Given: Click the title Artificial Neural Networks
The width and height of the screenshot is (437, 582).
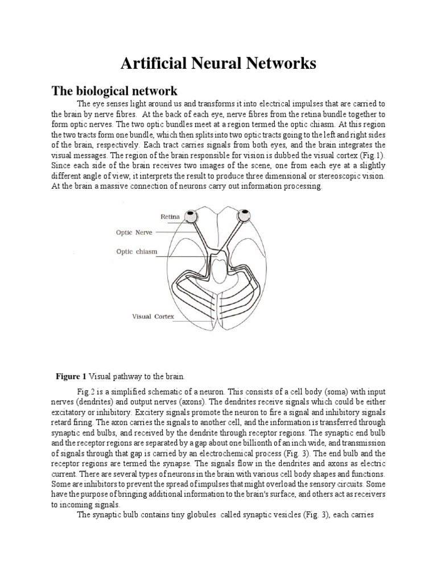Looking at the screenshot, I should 218,64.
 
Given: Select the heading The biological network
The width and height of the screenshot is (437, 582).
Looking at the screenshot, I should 114,91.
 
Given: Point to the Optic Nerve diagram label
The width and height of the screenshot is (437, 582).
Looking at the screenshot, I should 133,232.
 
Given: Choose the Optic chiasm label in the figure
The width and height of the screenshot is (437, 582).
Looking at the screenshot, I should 137,251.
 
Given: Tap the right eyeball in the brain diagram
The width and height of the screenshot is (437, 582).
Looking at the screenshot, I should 245,215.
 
